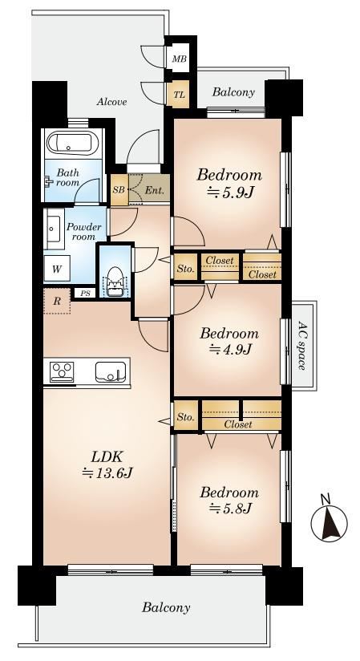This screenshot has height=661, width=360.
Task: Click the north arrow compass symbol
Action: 330,524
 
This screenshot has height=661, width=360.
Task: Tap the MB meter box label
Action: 179,59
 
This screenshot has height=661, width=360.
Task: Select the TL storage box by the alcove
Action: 179,95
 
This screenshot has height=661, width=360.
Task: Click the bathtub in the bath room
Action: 72,144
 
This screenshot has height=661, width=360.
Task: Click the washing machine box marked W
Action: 57,269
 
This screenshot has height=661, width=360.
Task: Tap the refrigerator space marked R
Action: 56,301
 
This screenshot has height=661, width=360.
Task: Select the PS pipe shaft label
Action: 86,293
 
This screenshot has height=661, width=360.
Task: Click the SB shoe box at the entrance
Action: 119,189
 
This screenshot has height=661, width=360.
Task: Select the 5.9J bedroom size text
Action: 231,193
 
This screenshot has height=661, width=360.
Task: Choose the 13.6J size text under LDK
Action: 107,473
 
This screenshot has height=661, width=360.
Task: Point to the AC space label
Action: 301,345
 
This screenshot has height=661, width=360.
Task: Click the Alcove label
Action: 111,102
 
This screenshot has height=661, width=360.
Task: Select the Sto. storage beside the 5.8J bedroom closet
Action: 185,417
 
